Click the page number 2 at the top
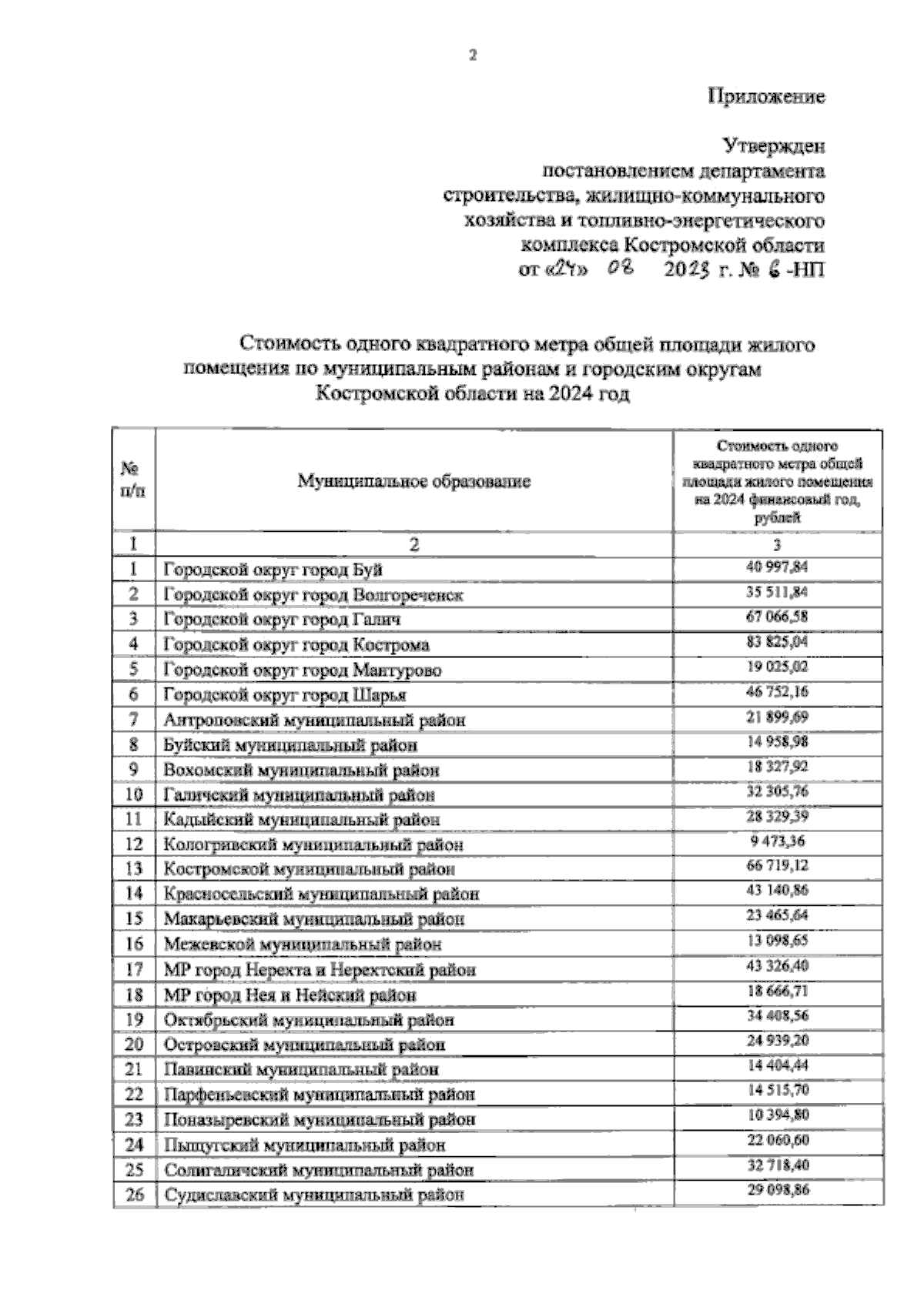473,55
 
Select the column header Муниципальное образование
414,482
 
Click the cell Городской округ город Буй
273,570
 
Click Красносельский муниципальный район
321,894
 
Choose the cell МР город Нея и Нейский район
290,994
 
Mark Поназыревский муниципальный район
320,1120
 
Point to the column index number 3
777,545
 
